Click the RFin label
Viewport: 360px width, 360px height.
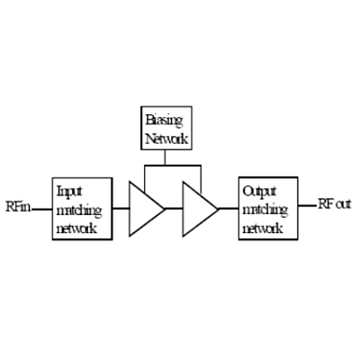(18, 206)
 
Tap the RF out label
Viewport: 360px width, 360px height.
(334, 204)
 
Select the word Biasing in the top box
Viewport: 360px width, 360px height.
(164, 121)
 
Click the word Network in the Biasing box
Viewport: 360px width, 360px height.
(166, 139)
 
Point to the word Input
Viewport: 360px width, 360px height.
(69, 192)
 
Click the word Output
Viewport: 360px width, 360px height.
(259, 192)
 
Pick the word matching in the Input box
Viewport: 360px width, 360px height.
(79, 211)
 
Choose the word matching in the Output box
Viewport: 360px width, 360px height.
(265, 211)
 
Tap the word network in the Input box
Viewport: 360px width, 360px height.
(76, 229)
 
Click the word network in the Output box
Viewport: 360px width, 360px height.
(263, 229)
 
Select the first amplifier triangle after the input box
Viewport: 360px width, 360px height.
(147, 209)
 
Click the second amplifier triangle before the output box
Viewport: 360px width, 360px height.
(201, 209)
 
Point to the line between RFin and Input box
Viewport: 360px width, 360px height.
(42, 209)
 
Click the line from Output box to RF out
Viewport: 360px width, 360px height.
(307, 206)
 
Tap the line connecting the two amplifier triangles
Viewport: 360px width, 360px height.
(174, 209)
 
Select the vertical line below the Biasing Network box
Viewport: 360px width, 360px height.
(165, 157)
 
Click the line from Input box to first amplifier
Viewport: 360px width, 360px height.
(121, 209)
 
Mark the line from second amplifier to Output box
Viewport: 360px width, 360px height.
(229, 209)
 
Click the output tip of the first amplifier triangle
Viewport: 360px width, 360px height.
(165, 209)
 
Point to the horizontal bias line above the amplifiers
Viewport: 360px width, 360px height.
(173, 165)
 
